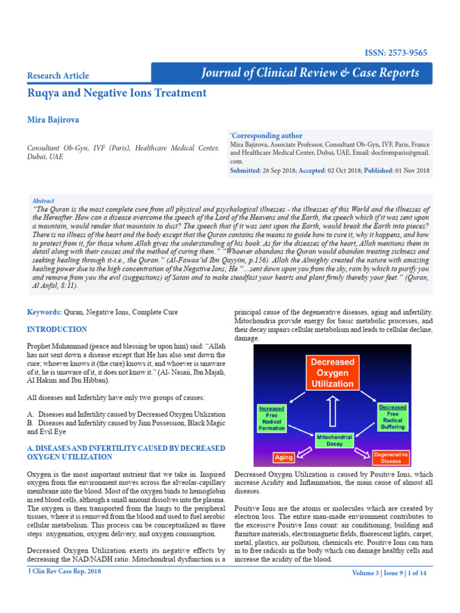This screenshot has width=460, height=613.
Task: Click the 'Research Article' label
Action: pos(58,75)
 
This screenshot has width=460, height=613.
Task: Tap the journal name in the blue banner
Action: pos(310,73)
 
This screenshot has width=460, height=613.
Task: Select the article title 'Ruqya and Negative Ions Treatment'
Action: pos(117,93)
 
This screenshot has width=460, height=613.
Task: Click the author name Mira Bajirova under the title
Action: pos(53,120)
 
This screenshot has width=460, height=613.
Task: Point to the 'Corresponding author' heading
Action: pos(267,136)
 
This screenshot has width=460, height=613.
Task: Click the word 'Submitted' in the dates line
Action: pos(244,171)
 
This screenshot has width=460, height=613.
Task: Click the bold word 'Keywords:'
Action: pos(44,312)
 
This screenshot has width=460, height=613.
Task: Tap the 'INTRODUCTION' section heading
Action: pos(57,329)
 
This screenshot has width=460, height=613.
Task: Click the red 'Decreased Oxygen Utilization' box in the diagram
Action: pos(332,372)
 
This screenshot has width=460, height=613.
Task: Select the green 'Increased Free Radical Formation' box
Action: pos(271,418)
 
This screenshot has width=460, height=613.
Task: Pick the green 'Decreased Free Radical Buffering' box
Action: pos(392,417)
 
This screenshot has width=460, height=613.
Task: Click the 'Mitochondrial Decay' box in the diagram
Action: pos(331,441)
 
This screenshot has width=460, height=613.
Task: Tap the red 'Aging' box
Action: pos(284,457)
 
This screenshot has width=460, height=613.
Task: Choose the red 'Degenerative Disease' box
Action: pos(391,458)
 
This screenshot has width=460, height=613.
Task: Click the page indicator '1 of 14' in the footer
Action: pos(417,573)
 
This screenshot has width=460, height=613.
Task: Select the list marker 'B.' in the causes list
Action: pos(31,423)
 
